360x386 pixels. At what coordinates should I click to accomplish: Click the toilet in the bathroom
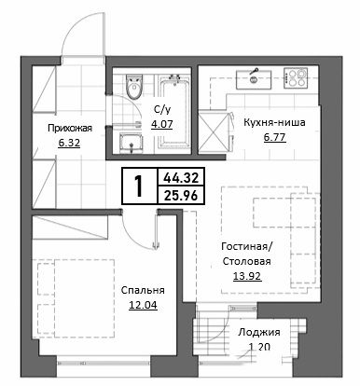[134, 86]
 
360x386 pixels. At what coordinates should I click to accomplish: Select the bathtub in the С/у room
[174, 112]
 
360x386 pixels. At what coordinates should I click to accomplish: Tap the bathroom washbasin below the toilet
[131, 144]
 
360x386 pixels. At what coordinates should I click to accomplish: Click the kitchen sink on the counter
[254, 79]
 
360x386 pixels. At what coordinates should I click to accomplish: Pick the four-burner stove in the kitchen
[296, 77]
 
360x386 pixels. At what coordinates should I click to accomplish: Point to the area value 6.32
[69, 143]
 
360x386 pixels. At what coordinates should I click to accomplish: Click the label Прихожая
[70, 128]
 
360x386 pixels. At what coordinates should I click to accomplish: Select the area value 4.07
[161, 124]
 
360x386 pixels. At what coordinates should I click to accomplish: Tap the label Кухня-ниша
[274, 122]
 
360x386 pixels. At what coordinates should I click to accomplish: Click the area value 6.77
[275, 137]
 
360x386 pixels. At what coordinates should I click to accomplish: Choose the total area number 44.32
[181, 178]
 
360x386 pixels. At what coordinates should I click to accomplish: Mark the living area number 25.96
[181, 196]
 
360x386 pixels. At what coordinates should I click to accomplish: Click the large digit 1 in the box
[137, 186]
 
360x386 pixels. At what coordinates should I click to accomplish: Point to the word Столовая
[246, 261]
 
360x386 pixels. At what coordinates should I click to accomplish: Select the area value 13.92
[247, 276]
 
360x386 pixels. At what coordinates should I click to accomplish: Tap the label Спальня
[143, 290]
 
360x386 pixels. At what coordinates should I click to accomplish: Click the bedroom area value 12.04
[143, 305]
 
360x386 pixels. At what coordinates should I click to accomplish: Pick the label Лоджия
[259, 332]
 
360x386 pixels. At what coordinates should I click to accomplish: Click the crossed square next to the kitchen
[213, 132]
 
